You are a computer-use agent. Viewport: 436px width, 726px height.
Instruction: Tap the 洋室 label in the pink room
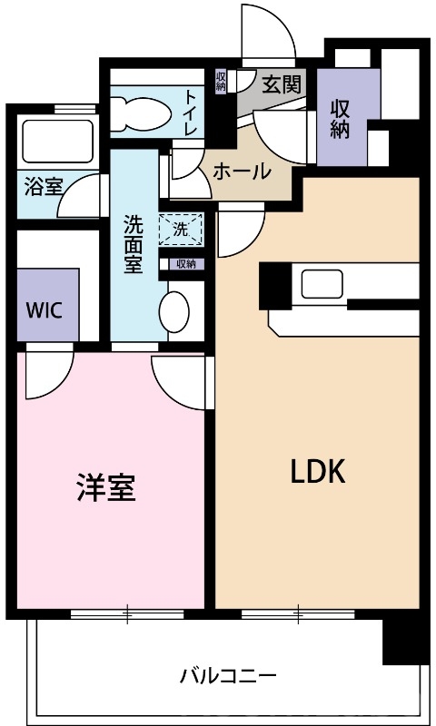tap(105, 488)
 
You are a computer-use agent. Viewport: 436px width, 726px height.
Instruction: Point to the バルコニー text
tap(227, 676)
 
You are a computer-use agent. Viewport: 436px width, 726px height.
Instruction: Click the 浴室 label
tap(43, 188)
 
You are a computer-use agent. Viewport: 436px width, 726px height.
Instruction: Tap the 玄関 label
tap(281, 85)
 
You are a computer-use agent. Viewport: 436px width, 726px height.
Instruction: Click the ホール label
tap(242, 170)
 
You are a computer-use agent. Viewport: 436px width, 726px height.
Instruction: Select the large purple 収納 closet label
tap(340, 118)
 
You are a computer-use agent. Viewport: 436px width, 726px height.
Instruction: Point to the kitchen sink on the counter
tap(320, 284)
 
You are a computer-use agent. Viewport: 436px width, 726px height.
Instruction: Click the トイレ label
tap(192, 113)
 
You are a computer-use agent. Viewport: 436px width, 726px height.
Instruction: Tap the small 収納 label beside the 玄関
tap(221, 81)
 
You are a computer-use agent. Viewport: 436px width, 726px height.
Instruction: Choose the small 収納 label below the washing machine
tap(185, 264)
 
